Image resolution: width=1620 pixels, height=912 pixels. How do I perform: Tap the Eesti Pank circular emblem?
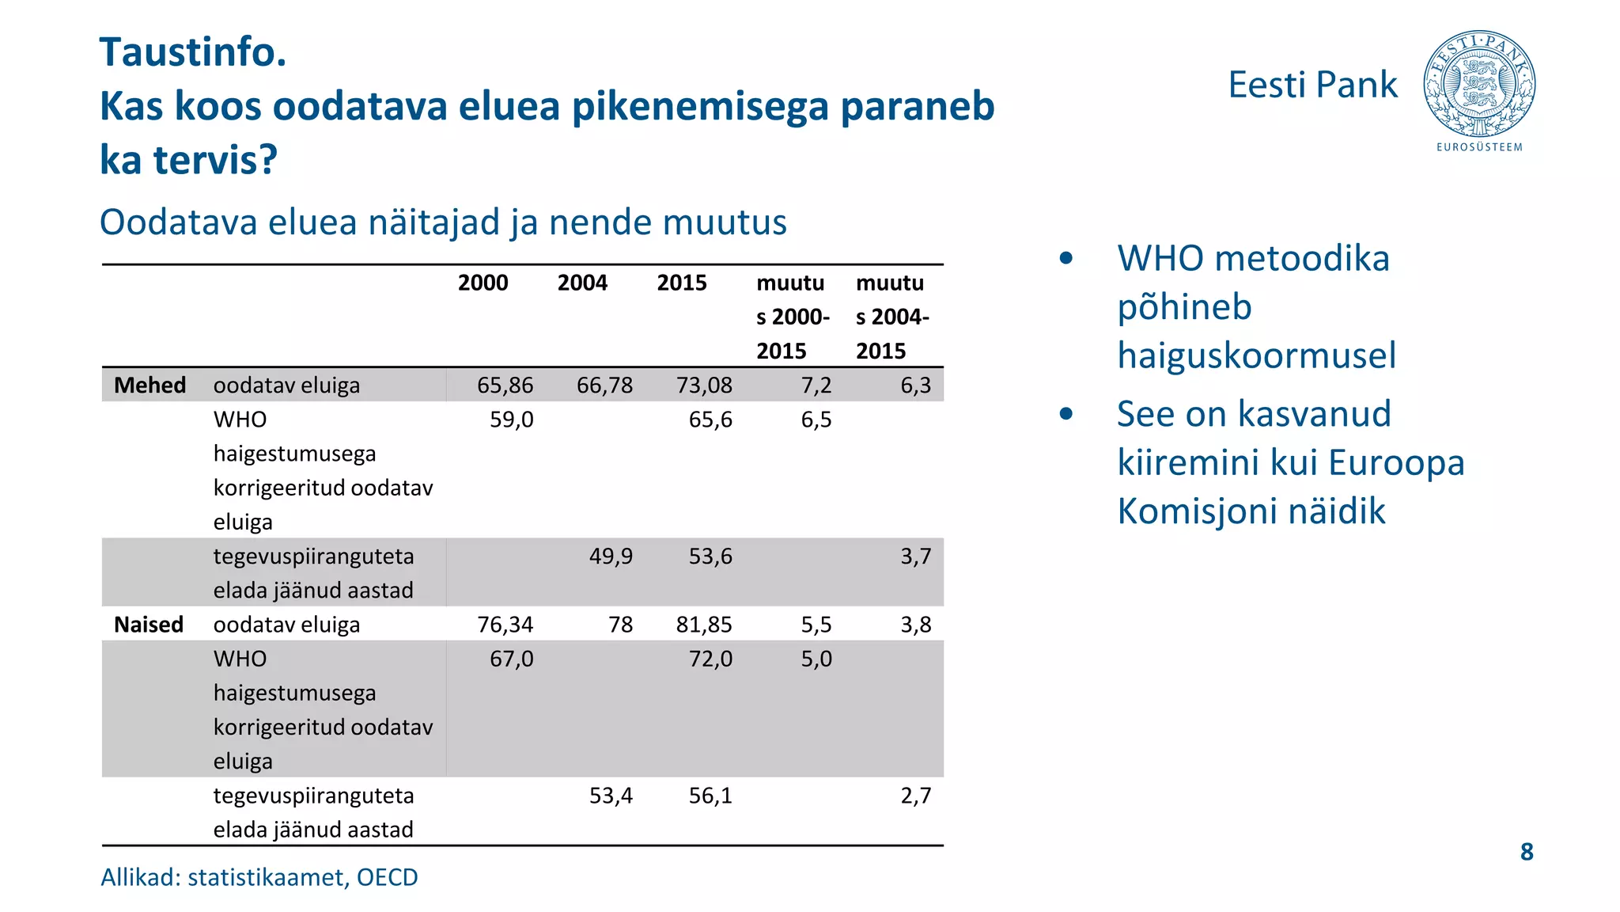(1479, 84)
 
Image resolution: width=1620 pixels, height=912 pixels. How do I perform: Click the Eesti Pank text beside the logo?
(1312, 85)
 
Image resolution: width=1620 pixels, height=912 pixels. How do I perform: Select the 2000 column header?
(483, 283)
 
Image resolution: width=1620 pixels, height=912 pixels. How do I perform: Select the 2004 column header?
(582, 283)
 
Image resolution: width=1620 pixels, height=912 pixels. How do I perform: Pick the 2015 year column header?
(682, 283)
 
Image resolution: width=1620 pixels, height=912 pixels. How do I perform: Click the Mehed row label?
(150, 386)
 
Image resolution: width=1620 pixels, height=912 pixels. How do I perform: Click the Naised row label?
(149, 625)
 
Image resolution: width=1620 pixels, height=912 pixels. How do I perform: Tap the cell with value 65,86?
(505, 386)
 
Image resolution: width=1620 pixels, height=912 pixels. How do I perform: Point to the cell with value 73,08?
(704, 386)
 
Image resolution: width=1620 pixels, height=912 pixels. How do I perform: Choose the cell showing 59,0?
(511, 420)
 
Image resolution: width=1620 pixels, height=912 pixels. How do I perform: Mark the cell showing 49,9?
(611, 557)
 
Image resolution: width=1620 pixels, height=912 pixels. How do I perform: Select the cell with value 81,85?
(704, 625)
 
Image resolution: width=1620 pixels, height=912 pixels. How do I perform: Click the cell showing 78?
(620, 625)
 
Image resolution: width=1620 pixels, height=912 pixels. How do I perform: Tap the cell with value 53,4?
(611, 796)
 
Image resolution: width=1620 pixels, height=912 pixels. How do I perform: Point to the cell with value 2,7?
(915, 796)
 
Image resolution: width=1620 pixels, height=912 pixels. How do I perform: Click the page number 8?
(1527, 852)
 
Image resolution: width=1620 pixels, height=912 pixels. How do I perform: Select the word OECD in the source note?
(387, 877)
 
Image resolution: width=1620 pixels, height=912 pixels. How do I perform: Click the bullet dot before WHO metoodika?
(1065, 258)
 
